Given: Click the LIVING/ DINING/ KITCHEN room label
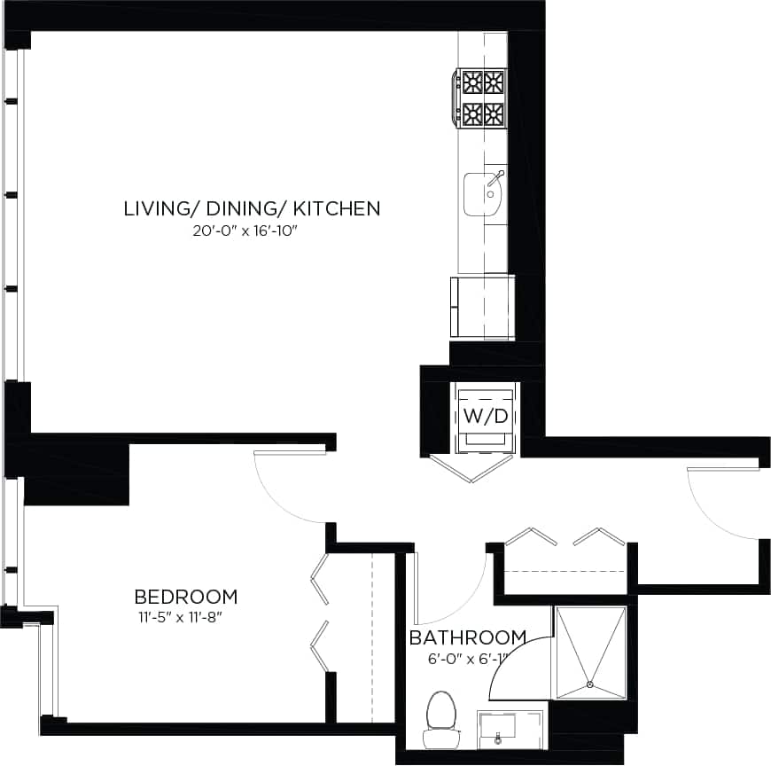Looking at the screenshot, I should [252, 208].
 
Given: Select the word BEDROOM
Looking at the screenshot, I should [185, 597].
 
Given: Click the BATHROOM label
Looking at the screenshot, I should [467, 637].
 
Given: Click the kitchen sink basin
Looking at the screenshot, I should [484, 192].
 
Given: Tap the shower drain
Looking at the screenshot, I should [590, 684].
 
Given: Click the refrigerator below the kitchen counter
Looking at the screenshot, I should [482, 307].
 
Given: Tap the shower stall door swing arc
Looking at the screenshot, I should [518, 656].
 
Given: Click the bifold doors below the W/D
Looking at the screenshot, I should [472, 469].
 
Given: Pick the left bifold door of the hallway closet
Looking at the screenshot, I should [532, 537].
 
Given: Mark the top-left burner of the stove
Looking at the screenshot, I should [471, 82].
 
